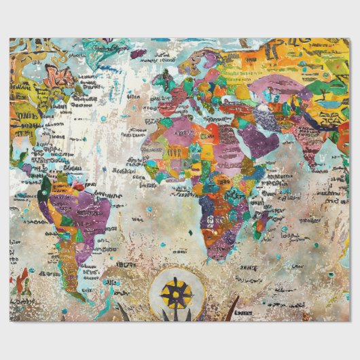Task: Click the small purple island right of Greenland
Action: [x=139, y=52]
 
